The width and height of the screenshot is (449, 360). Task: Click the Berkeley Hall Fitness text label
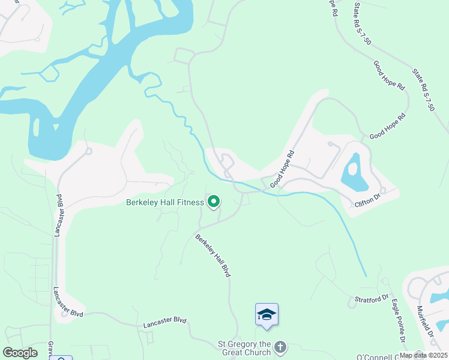(x=165, y=202)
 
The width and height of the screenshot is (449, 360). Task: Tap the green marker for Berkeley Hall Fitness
(x=213, y=202)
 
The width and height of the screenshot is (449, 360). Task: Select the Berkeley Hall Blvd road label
(x=213, y=255)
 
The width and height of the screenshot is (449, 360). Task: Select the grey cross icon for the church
(x=280, y=347)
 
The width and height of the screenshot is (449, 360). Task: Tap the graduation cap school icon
(x=267, y=314)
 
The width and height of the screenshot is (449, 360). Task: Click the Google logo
(x=20, y=353)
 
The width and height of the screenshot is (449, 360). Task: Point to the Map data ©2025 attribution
(x=424, y=355)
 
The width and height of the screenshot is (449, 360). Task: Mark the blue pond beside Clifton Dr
(x=351, y=170)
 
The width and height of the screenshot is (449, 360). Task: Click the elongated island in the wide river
(x=36, y=128)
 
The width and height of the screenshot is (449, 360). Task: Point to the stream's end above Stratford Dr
(x=365, y=275)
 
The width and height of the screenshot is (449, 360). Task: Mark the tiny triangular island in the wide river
(x=56, y=127)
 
